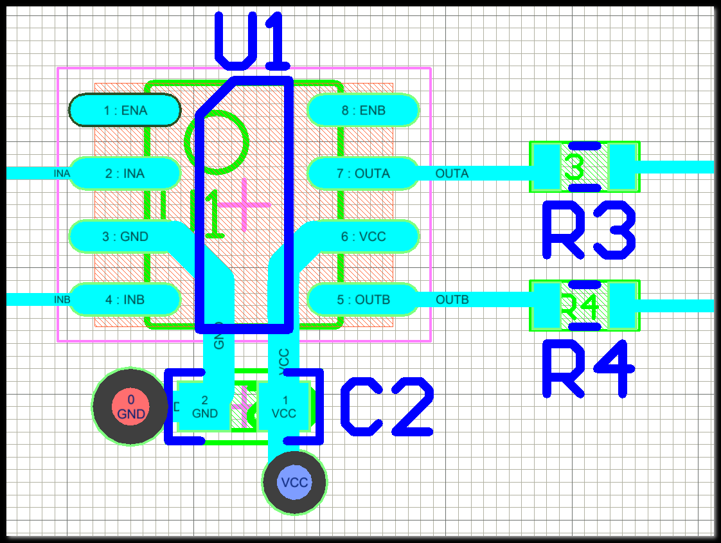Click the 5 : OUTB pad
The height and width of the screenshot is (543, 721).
363,299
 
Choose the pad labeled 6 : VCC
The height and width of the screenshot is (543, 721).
363,236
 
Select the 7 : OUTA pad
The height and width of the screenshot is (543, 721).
363,174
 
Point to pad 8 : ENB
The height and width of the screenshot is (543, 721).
363,111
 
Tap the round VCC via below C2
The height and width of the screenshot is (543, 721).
294,483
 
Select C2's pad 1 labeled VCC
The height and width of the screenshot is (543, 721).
285,406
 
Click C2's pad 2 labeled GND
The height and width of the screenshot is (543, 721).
204,406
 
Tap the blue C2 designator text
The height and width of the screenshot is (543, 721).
387,406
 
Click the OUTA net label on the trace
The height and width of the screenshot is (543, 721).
452,174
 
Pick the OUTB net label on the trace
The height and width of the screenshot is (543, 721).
452,299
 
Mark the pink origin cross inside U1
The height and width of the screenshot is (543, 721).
244,205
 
